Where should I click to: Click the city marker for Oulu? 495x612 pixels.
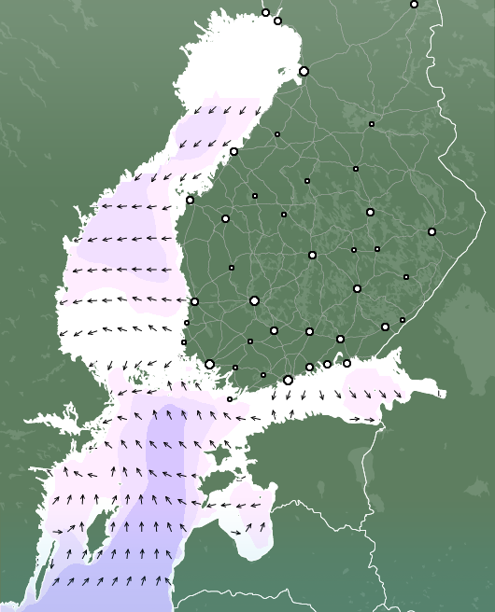[304, 71]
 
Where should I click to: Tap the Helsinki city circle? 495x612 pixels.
[288, 380]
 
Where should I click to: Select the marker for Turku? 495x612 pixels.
[210, 364]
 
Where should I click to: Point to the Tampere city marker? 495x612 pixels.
[254, 300]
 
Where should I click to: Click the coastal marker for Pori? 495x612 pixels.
[194, 301]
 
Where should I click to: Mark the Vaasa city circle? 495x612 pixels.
[190, 200]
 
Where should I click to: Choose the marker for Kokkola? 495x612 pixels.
[233, 151]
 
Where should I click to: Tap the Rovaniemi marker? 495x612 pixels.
[414, 4]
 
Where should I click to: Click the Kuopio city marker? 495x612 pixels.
[370, 212]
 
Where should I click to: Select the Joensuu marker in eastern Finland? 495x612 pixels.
[431, 231]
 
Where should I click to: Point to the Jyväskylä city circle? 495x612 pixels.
[312, 255]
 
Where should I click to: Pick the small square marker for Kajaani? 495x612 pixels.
[371, 123]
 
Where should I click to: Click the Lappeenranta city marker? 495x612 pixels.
[385, 327]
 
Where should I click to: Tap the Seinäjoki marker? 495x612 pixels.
[225, 218]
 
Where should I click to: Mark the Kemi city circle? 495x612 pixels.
[277, 21]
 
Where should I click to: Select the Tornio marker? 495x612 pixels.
[265, 12]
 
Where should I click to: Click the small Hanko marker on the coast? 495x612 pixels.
[230, 399]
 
